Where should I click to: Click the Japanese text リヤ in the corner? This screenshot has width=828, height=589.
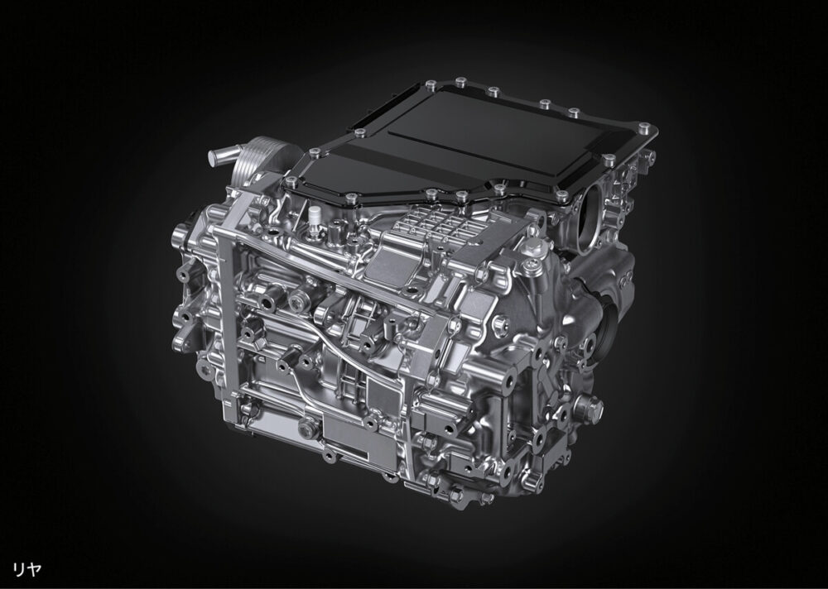[x=26, y=569]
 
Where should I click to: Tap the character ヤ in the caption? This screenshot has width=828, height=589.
[x=34, y=569]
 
